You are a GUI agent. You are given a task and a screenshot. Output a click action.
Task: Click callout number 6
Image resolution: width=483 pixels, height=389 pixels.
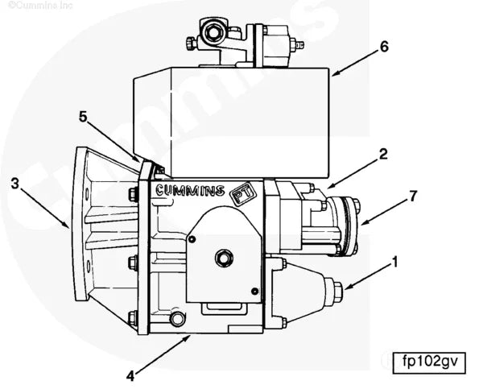384,46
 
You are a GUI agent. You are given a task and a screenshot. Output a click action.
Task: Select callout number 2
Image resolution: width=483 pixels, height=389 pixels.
384,153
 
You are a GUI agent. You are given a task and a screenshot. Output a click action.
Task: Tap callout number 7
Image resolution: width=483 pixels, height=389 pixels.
414,196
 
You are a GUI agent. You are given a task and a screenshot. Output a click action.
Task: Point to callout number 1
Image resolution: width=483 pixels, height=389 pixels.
395,262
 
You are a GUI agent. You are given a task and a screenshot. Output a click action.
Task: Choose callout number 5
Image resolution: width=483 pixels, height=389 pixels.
83,116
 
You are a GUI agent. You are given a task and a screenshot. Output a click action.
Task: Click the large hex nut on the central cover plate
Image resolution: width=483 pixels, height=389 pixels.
225,258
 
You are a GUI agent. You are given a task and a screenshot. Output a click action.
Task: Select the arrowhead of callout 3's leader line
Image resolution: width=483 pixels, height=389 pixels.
68,228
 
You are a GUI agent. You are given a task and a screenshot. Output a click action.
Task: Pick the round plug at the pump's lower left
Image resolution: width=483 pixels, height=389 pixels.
177,320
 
